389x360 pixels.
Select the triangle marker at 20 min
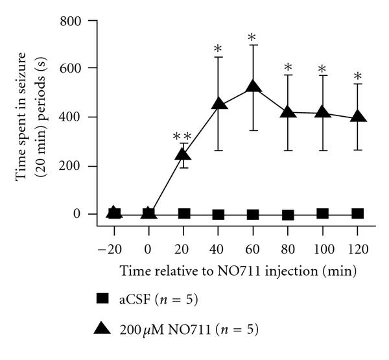[183, 154]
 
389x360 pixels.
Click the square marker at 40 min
[218, 214]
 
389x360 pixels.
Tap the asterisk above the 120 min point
[357, 78]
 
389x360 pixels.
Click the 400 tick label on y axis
[83, 117]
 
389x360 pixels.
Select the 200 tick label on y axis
[83, 166]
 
